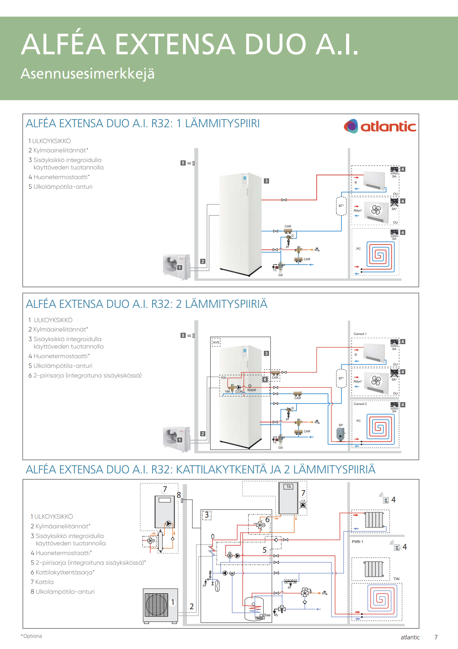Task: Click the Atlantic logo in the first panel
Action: pyautogui.click(x=380, y=126)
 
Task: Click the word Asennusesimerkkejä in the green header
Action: pyautogui.click(x=87, y=73)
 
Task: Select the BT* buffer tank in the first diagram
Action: pyautogui.click(x=341, y=206)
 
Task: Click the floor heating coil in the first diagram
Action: pyautogui.click(x=379, y=254)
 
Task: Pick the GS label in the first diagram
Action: pyautogui.click(x=280, y=275)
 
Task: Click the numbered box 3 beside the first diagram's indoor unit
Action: pyautogui.click(x=266, y=181)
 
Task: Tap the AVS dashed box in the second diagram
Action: pyautogui.click(x=216, y=342)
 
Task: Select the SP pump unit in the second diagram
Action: pyautogui.click(x=340, y=434)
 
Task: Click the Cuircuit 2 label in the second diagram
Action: pyautogui.click(x=360, y=404)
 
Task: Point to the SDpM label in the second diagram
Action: pyautogui.click(x=252, y=390)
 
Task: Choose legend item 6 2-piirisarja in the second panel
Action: pyautogui.click(x=85, y=375)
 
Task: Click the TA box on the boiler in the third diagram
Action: pyautogui.click(x=289, y=487)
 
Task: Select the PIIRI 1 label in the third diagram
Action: pyautogui.click(x=357, y=542)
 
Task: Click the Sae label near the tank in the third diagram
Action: pyautogui.click(x=267, y=615)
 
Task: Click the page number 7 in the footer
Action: pyautogui.click(x=436, y=637)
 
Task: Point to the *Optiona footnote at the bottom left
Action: pyautogui.click(x=31, y=636)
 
